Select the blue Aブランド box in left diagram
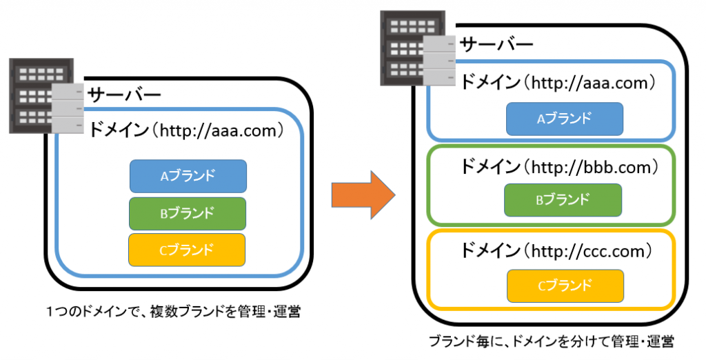188,176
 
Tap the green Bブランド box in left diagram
188,213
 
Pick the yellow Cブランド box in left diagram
188,250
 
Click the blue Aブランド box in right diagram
565,119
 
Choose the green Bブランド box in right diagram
563,200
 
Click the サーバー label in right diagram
496,44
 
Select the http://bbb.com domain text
589,167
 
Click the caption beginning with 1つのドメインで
172,312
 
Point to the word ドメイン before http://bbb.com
490,167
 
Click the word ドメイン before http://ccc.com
490,248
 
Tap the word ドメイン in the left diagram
118,130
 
